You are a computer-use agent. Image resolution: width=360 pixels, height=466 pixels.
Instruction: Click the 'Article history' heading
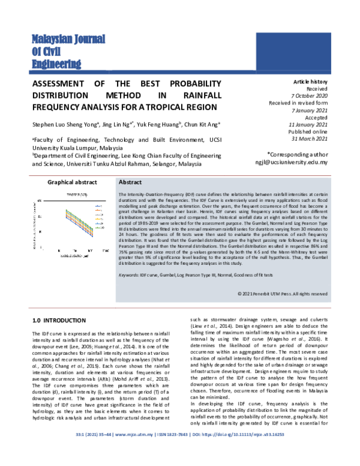point(310,81)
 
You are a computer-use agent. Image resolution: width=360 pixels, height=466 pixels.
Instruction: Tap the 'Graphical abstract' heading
point(72,182)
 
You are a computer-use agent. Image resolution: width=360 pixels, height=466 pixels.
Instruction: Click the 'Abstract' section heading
point(130,182)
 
